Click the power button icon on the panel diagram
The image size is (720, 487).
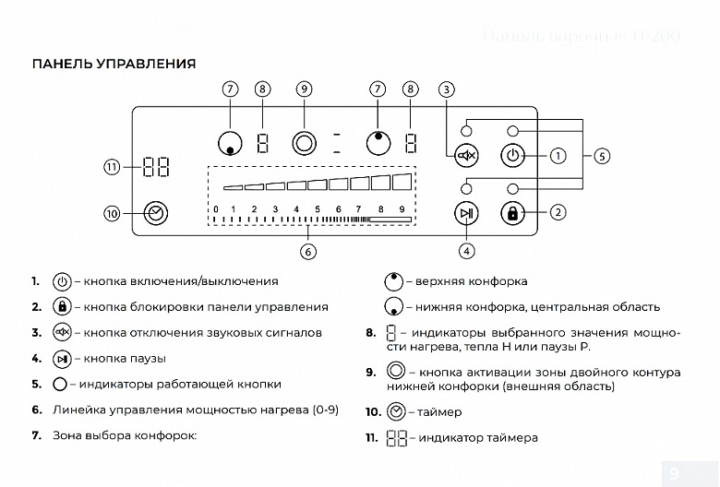coord(512,156)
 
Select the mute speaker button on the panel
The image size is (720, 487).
coord(467,156)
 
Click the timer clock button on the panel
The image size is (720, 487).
coord(156,213)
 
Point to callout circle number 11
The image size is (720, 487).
coord(112,168)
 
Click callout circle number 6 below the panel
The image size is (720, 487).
coord(309,250)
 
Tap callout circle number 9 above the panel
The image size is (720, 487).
coord(304,89)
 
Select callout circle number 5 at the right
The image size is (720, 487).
coord(602,156)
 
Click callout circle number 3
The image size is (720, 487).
coord(447,89)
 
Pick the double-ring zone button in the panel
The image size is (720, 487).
coord(304,143)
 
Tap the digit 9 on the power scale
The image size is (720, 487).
coord(402,210)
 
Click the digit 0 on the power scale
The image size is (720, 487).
coord(216,210)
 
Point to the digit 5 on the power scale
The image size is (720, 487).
coord(318,210)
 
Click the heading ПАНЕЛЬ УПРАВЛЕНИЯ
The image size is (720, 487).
coord(114,64)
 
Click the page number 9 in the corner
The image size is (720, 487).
coord(673,474)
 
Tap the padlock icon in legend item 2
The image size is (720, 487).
coord(62,306)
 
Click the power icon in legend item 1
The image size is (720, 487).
coord(62,280)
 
